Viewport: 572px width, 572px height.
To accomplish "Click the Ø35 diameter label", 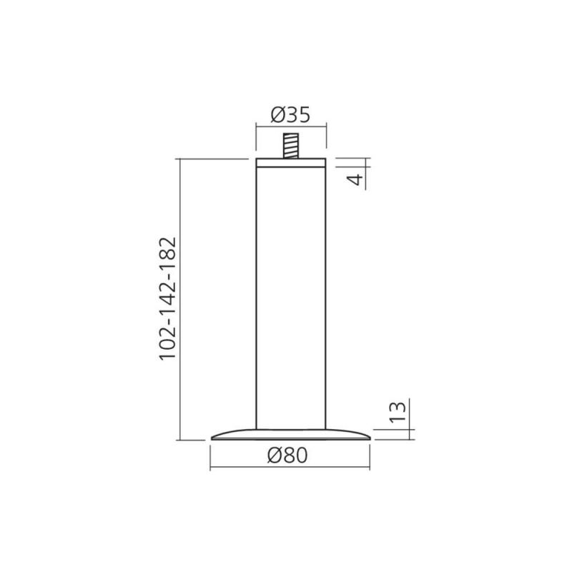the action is [290, 115].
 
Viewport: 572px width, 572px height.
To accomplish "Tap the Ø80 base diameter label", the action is [287, 455].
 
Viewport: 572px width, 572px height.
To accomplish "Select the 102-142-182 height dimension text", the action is [168, 299].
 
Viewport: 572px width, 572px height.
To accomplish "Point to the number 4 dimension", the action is [355, 179].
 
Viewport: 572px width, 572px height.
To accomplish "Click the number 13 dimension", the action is [398, 413].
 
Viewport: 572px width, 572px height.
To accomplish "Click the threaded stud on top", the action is [291, 146].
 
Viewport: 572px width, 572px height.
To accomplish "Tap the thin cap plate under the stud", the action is [291, 163].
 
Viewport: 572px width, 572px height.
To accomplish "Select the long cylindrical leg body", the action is [291, 298].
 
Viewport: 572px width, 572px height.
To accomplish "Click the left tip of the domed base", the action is [212, 438].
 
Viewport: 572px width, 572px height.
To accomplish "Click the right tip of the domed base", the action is [370, 438].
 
